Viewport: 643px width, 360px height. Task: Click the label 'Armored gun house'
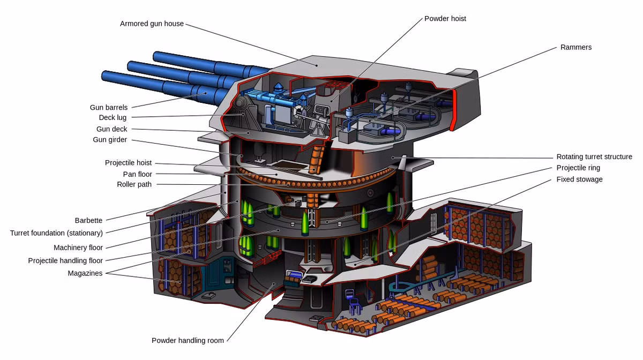click(x=152, y=24)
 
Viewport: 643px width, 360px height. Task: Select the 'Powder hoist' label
click(x=445, y=19)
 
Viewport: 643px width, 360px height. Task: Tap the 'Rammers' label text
click(x=576, y=47)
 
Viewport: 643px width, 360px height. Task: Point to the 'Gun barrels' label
click(x=109, y=107)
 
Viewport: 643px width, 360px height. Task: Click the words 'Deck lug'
click(x=113, y=118)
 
